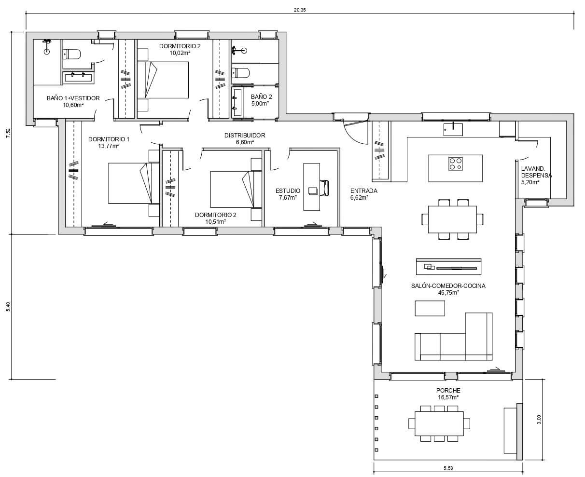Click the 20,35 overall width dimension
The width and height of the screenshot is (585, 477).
tap(300, 10)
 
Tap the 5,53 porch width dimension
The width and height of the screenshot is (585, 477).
tap(448, 468)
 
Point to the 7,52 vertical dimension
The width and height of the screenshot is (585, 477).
tap(8, 133)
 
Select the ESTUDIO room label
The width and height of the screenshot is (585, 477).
tap(288, 191)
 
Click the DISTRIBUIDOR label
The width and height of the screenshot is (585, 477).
tap(245, 135)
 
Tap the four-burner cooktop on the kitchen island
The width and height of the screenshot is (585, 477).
tap(456, 164)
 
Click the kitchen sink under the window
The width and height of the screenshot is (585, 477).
tap(453, 129)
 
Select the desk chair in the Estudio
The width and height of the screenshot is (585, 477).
tap(324, 188)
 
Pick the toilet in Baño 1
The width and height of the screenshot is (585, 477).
tap(72, 54)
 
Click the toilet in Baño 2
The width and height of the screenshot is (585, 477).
tap(240, 73)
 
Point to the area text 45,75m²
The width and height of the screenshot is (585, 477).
tap(448, 292)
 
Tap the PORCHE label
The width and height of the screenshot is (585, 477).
tap(448, 390)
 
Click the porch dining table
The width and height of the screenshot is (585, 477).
tap(439, 423)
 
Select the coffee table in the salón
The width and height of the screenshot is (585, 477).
tap(430, 308)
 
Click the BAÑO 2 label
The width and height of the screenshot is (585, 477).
tap(261, 97)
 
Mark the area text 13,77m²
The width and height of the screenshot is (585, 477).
tap(109, 146)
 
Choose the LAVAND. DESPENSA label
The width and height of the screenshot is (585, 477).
tap(536, 172)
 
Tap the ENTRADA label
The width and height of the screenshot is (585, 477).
tap(363, 191)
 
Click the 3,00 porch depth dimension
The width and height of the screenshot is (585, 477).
tap(539, 419)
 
